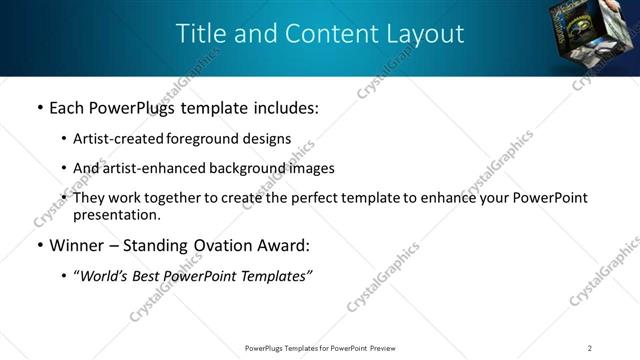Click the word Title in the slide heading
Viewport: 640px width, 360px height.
pyautogui.click(x=200, y=33)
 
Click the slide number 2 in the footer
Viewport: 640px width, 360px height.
pyautogui.click(x=590, y=348)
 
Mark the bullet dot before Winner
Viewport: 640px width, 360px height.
pyautogui.click(x=39, y=245)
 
